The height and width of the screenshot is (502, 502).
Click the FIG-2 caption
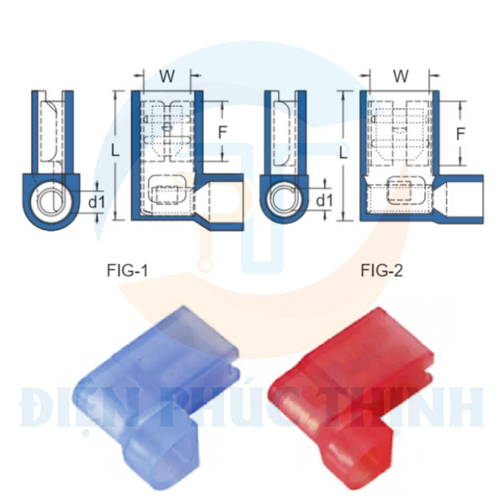coord(382,269)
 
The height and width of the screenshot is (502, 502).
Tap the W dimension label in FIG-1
coord(166,76)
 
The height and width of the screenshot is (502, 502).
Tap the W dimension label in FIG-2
coord(401,76)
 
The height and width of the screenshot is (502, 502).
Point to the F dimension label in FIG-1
coord(222,131)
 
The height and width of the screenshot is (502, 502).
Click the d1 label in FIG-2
coord(325,201)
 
